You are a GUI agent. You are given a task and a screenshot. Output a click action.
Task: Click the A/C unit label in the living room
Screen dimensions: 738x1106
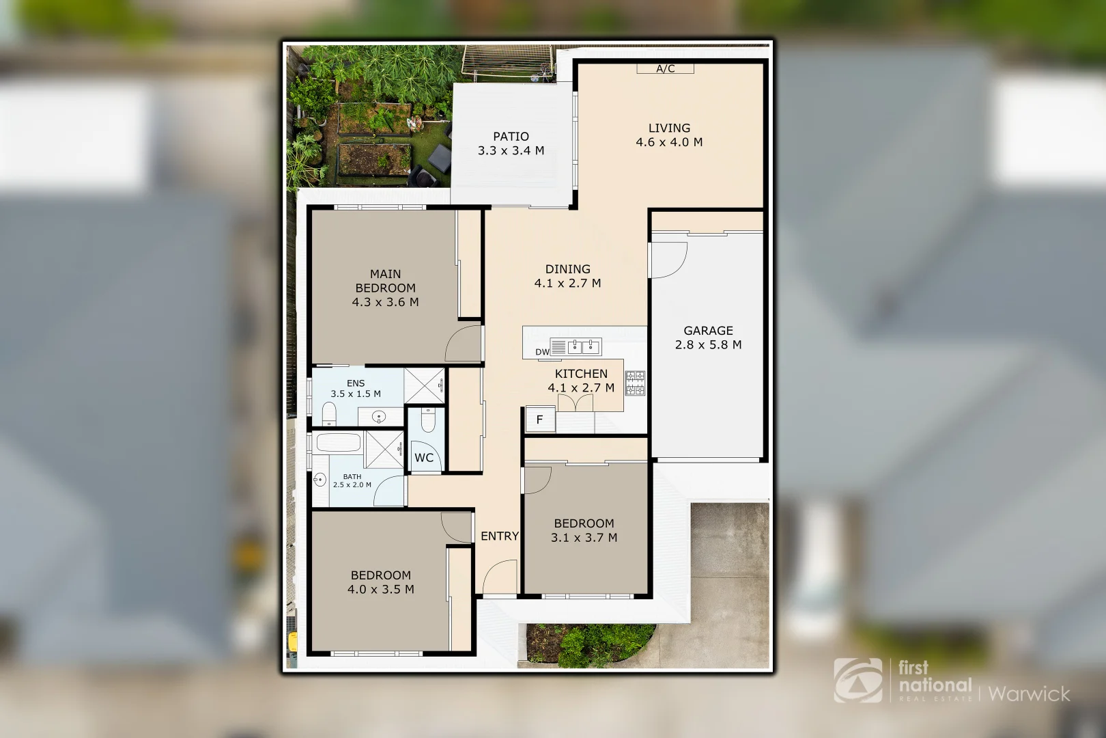coord(665,68)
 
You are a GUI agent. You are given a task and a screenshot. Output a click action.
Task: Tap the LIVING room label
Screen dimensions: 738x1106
coord(669,135)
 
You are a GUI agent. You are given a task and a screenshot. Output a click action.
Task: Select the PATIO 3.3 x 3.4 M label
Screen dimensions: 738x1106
coord(511,143)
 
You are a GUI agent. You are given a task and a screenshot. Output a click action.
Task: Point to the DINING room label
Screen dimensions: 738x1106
coord(567,275)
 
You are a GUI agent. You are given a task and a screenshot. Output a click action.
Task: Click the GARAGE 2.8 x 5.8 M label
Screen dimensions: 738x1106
coord(708,338)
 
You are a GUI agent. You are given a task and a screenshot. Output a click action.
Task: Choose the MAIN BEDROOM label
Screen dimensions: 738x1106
coord(385,288)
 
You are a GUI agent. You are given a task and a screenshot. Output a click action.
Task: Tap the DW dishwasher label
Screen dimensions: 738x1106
coord(542,353)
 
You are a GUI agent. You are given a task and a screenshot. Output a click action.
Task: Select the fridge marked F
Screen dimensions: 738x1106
coord(539,420)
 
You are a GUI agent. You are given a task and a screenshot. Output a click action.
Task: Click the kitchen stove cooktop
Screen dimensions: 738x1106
coord(635,383)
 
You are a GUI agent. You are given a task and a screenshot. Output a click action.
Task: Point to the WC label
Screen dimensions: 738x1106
coord(424,458)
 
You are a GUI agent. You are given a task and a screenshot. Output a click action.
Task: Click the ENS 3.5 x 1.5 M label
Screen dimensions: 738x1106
coord(356,389)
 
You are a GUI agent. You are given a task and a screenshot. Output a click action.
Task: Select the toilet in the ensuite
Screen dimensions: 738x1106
coord(328,413)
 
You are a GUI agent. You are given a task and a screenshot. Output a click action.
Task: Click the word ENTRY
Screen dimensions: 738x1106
coord(500,536)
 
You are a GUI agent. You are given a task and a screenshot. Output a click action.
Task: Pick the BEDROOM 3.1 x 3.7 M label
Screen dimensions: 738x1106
coord(584,530)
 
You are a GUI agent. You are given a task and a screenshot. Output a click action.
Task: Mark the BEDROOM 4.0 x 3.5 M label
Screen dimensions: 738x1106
coord(381,582)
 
